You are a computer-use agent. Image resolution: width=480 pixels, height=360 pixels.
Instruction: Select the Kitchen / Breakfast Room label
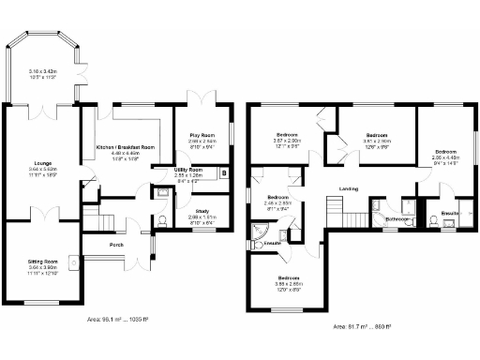(x=125, y=148)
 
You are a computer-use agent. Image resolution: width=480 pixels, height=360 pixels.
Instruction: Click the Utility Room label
(x=188, y=169)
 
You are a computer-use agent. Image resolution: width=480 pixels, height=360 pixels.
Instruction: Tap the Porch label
(x=116, y=246)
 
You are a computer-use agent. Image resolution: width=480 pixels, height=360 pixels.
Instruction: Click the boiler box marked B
(x=223, y=172)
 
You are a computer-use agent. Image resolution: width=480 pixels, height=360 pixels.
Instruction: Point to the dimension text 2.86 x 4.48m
(x=445, y=157)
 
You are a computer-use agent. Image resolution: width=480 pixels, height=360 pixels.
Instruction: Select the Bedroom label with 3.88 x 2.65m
(x=288, y=277)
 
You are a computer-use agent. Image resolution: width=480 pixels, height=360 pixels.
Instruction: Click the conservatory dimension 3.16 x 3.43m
(x=42, y=71)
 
